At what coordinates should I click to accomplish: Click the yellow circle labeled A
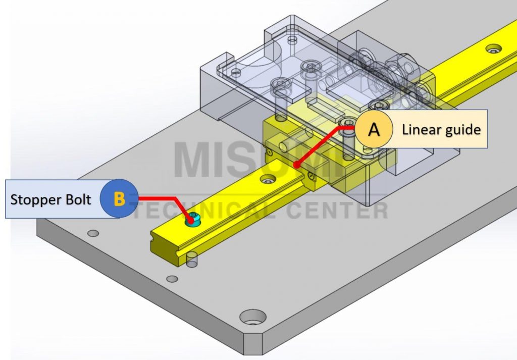pyautogui.click(x=374, y=129)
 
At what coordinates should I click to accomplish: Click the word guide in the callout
pyautogui.click(x=462, y=130)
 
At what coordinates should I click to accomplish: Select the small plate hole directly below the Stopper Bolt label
pyautogui.click(x=93, y=233)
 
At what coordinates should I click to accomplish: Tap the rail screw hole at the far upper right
pyautogui.click(x=494, y=49)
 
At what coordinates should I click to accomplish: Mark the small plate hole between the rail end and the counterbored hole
pyautogui.click(x=172, y=279)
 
